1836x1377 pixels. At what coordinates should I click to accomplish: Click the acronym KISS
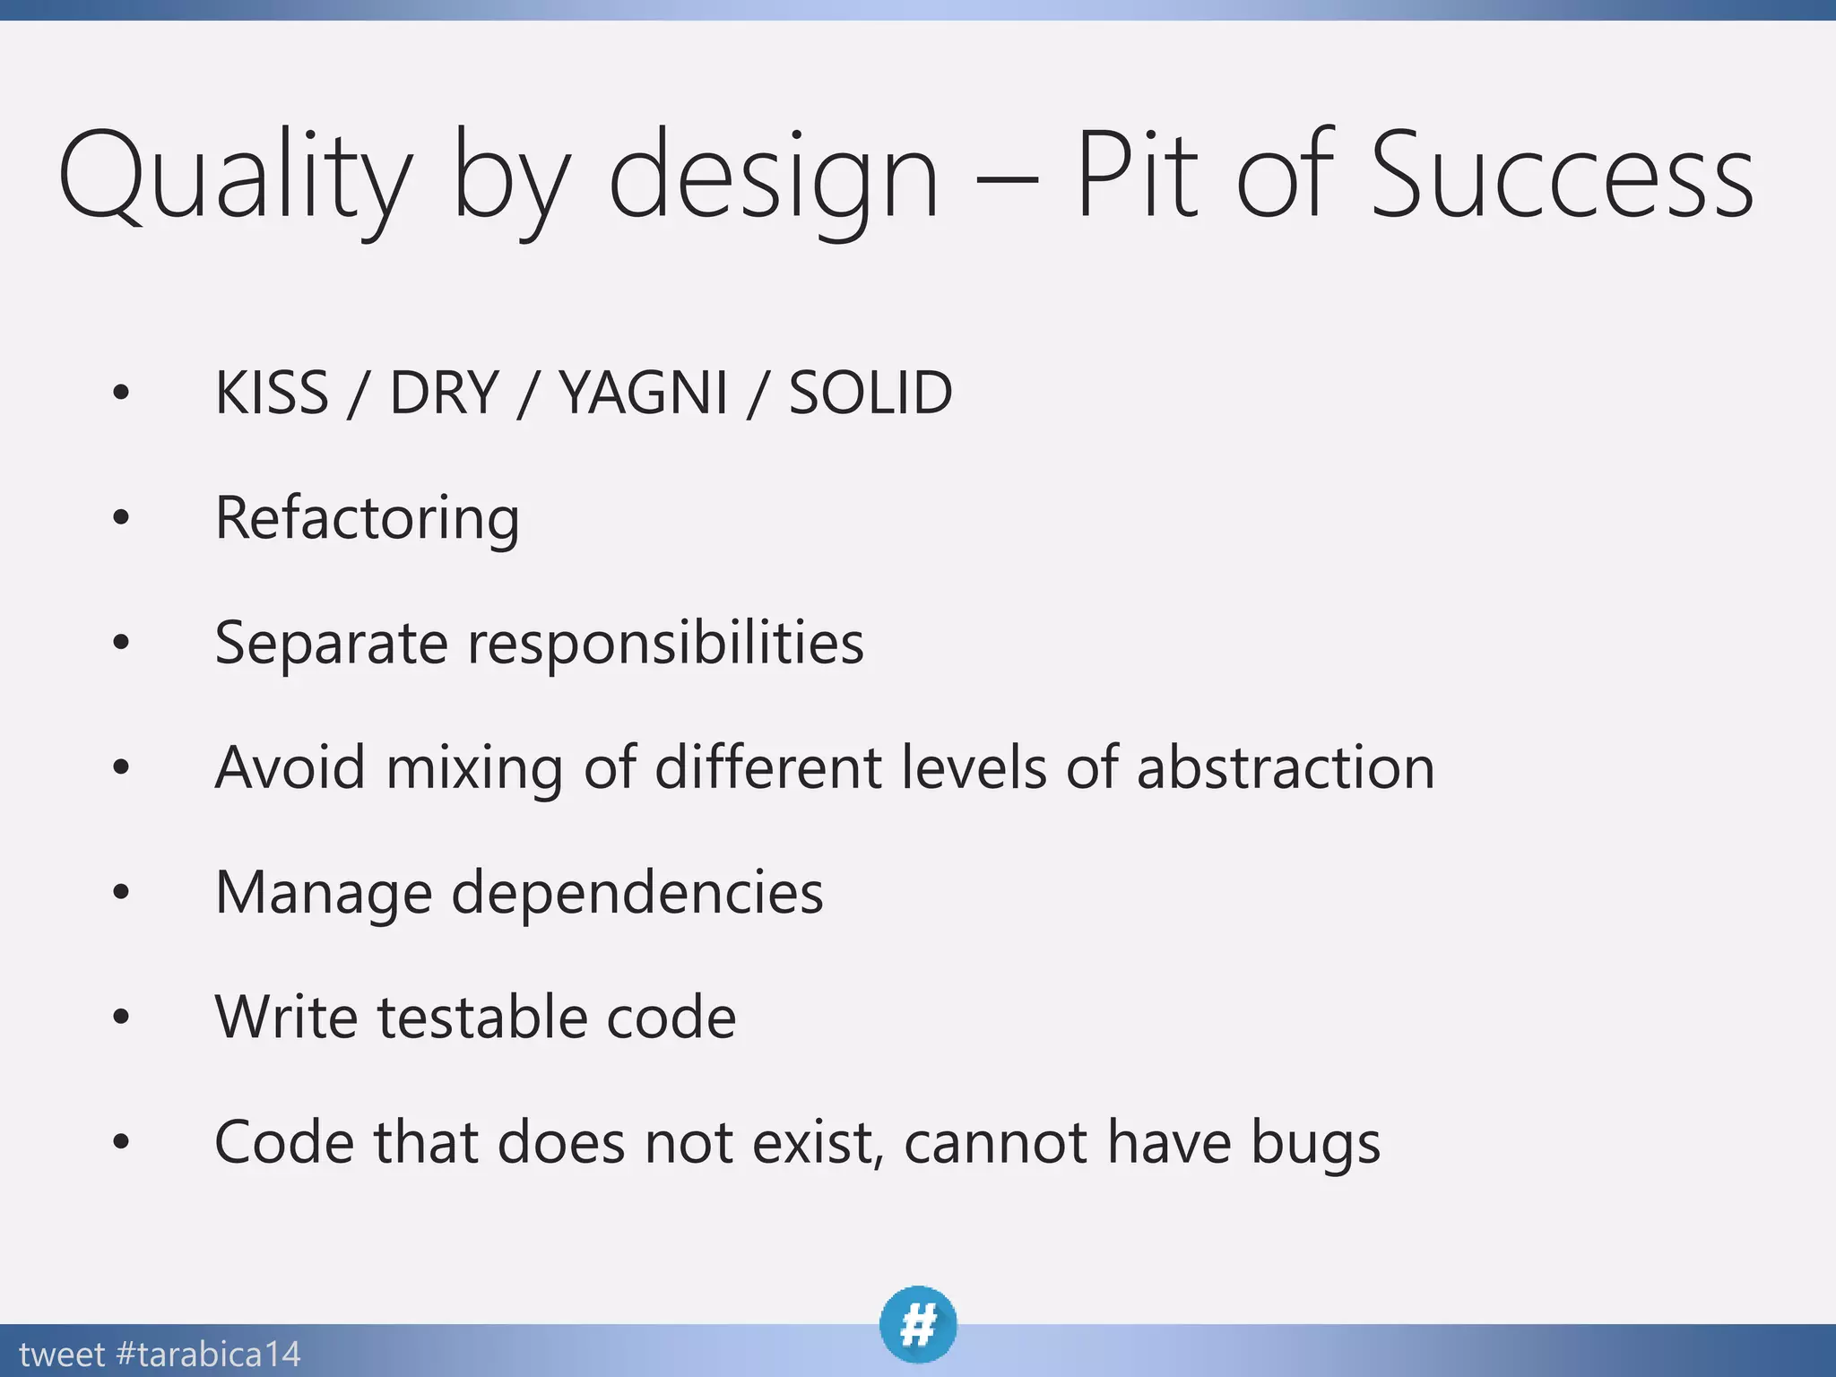[272, 393]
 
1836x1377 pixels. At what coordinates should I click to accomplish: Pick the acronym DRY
[444, 393]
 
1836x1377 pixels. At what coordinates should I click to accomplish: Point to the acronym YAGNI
[643, 393]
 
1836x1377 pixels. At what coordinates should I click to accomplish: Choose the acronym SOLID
[870, 393]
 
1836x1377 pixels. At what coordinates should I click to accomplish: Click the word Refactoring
[367, 518]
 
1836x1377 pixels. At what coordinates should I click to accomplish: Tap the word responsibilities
[665, 644]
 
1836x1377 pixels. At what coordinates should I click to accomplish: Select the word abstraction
[1286, 768]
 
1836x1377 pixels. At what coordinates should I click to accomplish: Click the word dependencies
[637, 893]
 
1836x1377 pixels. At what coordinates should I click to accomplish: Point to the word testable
[481, 1018]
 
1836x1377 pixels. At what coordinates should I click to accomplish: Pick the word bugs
[1315, 1144]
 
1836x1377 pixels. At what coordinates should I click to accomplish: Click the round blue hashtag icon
[918, 1324]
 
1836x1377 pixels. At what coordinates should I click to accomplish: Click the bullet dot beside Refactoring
[121, 517]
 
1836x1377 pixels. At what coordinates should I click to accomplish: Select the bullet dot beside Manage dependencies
[121, 892]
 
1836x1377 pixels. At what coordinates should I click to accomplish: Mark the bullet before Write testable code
[121, 1017]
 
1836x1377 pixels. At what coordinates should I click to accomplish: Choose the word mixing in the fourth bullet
[474, 768]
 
